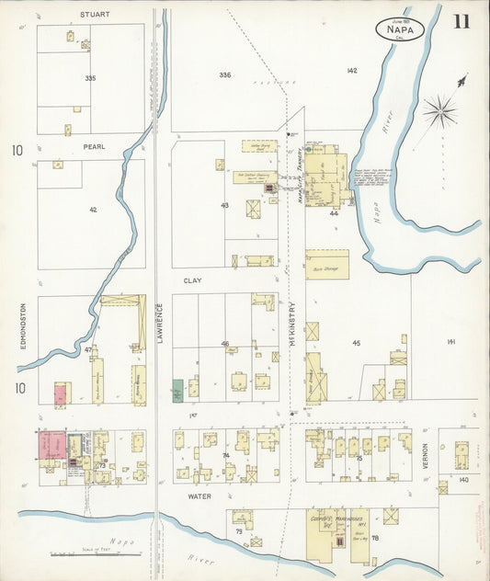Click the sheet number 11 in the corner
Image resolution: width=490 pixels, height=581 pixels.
coord(460,21)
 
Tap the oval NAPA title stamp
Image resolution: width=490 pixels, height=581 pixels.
coord(401,29)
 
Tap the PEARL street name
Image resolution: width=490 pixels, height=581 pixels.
coord(95,146)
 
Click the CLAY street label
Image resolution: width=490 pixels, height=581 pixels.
coord(191,279)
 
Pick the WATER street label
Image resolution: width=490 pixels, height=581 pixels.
coord(200,496)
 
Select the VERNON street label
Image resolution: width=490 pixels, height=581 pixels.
coord(425,458)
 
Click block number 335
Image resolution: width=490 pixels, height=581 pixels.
coord(90,79)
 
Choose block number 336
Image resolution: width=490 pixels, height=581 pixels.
coord(225,74)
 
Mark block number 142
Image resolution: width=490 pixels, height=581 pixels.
coord(351,71)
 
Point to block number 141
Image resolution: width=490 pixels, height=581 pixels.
coord(450,342)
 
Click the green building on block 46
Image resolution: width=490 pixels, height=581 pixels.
coord(177,389)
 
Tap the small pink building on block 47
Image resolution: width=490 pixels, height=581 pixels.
coord(60,395)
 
